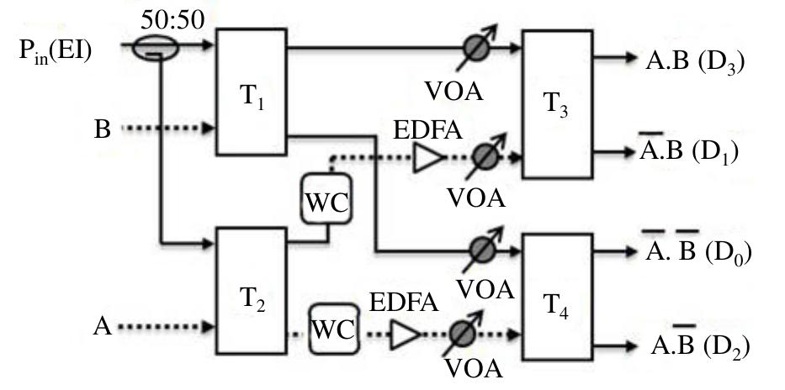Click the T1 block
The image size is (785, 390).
pyautogui.click(x=252, y=92)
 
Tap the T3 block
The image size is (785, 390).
pyautogui.click(x=557, y=104)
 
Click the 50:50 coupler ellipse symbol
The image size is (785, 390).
pyautogui.click(x=156, y=50)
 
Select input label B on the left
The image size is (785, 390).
pyautogui.click(x=103, y=130)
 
